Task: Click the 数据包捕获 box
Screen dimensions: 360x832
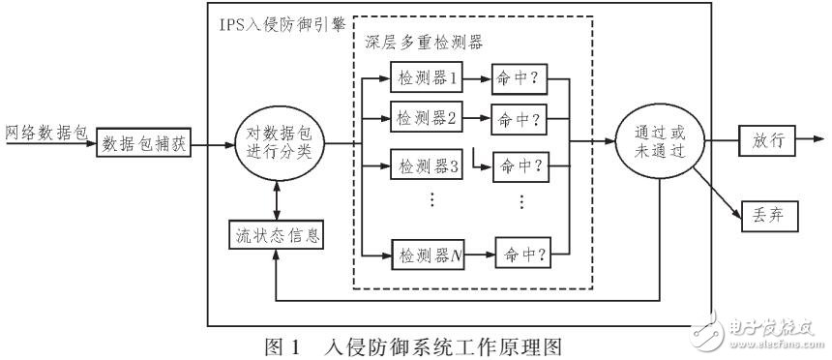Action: [x=143, y=146]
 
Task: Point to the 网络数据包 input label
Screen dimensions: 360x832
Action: [x=46, y=131]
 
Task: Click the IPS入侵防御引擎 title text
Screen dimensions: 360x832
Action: [x=280, y=21]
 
